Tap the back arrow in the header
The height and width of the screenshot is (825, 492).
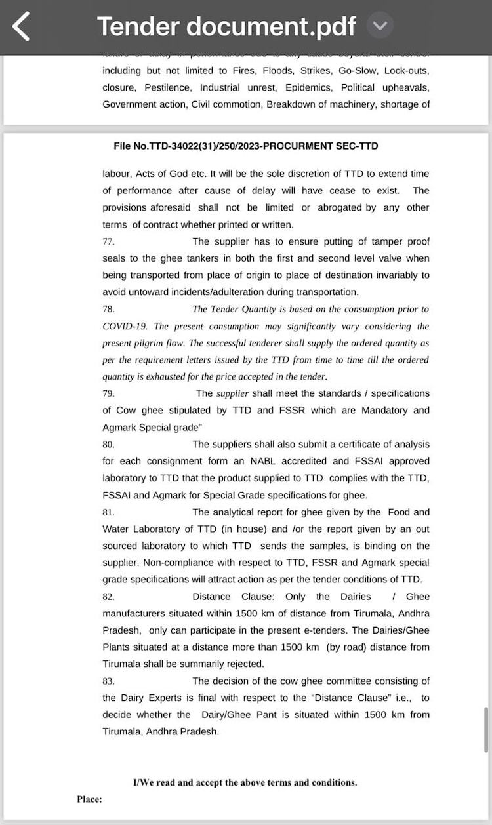pyautogui.click(x=22, y=26)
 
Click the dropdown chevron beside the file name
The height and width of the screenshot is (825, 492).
pyautogui.click(x=380, y=26)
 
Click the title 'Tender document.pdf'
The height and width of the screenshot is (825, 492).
pyautogui.click(x=226, y=26)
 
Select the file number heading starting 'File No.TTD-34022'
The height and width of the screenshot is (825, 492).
pyautogui.click(x=246, y=146)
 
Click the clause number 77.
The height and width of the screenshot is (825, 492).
pyautogui.click(x=109, y=241)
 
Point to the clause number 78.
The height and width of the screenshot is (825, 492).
pyautogui.click(x=109, y=309)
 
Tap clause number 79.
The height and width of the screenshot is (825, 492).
pyautogui.click(x=109, y=393)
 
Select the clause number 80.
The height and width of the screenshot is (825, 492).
pyautogui.click(x=109, y=444)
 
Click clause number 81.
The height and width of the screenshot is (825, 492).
pyautogui.click(x=109, y=512)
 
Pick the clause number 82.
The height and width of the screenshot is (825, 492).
pyautogui.click(x=109, y=597)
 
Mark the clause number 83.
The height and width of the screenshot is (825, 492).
pyautogui.click(x=109, y=681)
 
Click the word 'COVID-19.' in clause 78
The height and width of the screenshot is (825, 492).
pyautogui.click(x=126, y=326)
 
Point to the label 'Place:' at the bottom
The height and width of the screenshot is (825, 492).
pyautogui.click(x=89, y=799)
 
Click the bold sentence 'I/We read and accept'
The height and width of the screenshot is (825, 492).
pyautogui.click(x=245, y=782)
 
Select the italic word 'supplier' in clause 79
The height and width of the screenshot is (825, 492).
pyautogui.click(x=232, y=393)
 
